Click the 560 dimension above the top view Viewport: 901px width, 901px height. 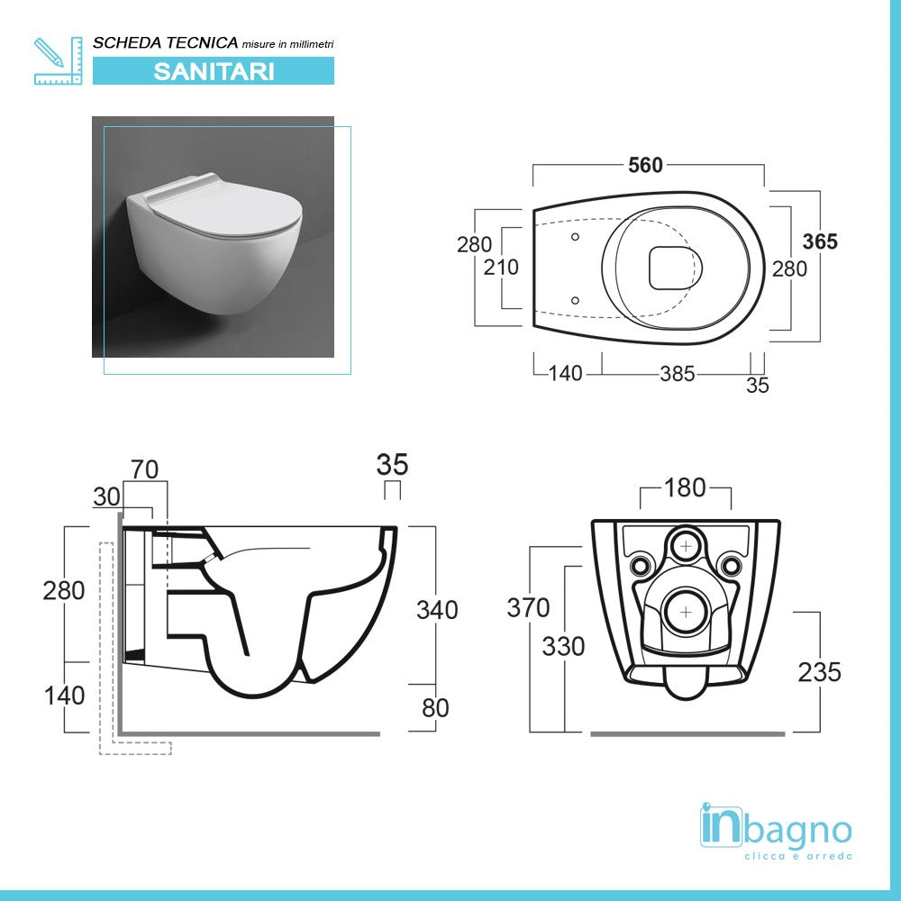(645, 165)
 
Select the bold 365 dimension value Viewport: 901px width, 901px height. (820, 241)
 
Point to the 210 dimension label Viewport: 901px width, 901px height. (502, 268)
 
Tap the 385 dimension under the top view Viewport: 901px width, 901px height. (677, 373)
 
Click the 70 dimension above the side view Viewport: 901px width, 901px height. (144, 469)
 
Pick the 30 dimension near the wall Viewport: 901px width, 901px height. (105, 497)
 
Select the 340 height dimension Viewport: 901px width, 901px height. (436, 610)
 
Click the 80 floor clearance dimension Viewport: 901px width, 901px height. (435, 708)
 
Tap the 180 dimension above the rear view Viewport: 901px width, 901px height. (685, 487)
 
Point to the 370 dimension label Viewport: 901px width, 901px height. (528, 608)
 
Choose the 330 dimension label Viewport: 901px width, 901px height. (563, 646)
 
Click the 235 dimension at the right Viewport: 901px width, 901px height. (820, 671)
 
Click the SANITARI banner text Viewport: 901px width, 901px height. (214, 71)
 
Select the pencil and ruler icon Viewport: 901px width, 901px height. (57, 60)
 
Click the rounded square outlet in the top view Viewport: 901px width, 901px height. (673, 268)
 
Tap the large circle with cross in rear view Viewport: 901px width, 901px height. (687, 611)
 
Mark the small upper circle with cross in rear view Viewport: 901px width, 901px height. (687, 545)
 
